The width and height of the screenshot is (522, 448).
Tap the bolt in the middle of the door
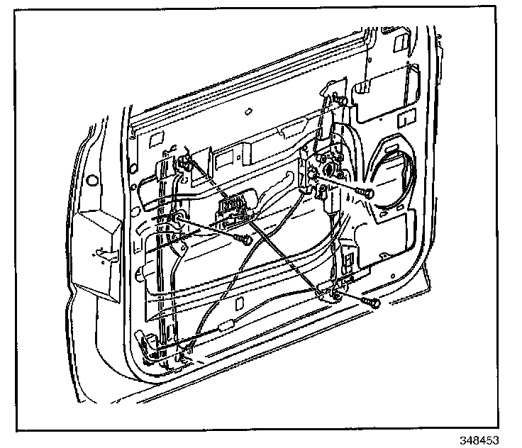click(244, 241)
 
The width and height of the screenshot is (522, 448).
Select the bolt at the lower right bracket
click(371, 303)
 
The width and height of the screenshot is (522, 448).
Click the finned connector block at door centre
click(231, 208)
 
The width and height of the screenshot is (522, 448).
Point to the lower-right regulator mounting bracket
click(331, 290)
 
